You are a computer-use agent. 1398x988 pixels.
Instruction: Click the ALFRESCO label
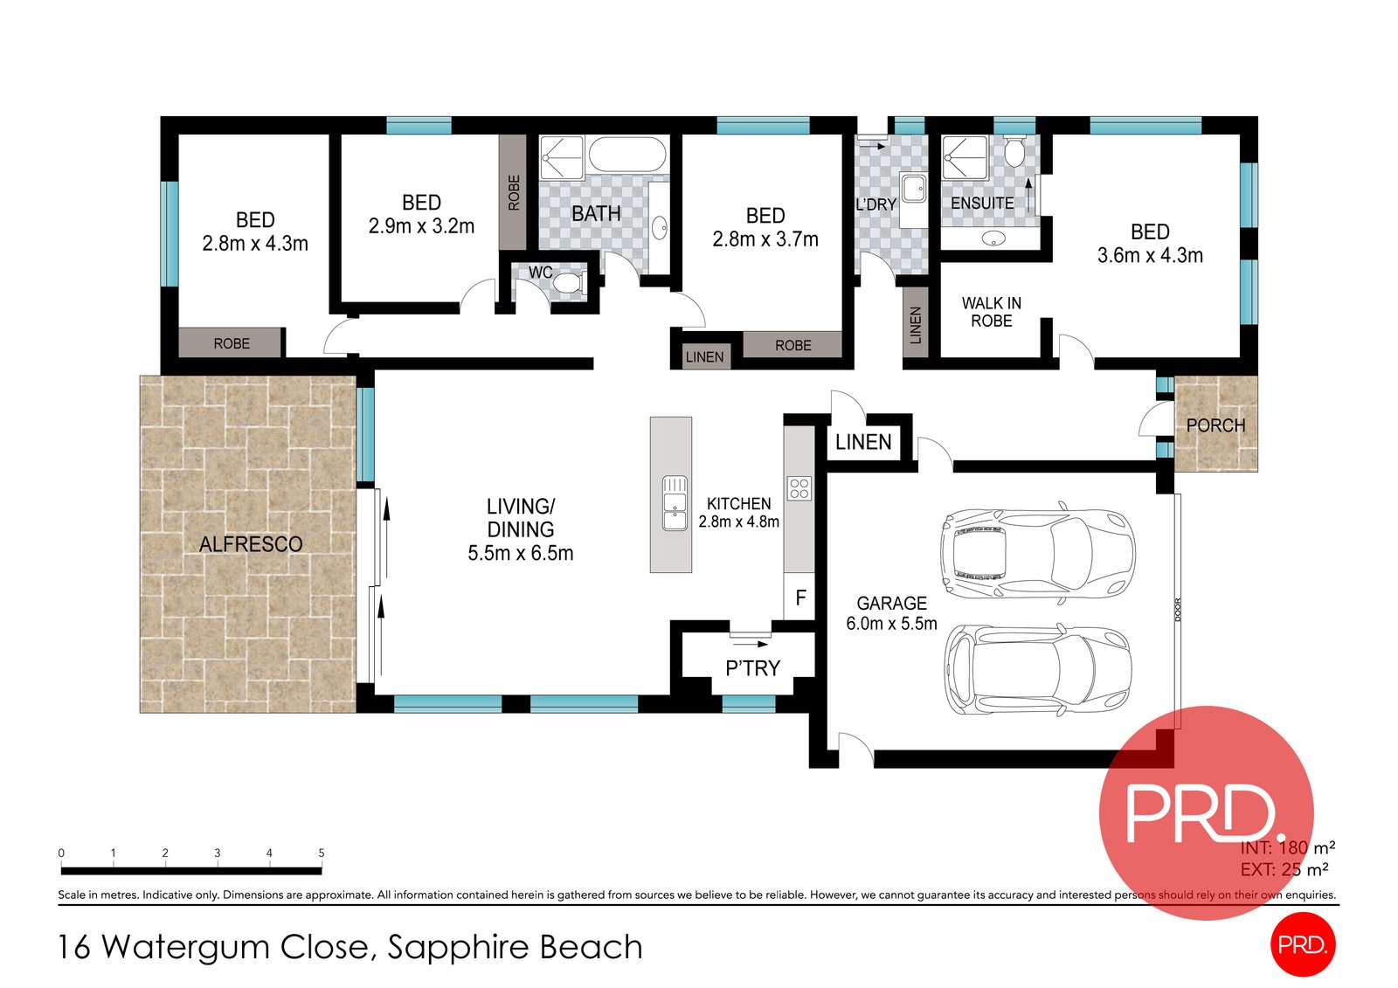(251, 544)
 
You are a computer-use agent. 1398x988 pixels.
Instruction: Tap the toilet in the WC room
(569, 283)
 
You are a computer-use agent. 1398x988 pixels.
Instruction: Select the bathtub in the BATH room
(626, 155)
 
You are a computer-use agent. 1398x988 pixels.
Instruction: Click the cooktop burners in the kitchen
(799, 488)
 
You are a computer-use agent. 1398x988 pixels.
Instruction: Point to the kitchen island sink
(674, 503)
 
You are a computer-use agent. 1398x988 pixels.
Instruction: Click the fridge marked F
(799, 598)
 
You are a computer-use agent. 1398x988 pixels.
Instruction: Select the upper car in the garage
(1037, 553)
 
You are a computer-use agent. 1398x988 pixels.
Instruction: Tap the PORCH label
(1215, 425)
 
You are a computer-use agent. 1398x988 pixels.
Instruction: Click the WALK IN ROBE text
(991, 312)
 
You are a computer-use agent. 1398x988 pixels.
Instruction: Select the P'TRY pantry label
(752, 668)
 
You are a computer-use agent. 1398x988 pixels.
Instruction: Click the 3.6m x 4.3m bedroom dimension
(1150, 256)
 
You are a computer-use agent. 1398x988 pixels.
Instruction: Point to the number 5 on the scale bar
(322, 853)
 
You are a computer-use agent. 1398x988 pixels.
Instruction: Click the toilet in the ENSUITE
(1014, 154)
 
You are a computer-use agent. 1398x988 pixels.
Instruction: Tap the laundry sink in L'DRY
(914, 188)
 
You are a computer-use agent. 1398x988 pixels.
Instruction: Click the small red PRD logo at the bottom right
(1302, 944)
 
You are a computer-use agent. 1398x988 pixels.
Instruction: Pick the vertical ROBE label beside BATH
(514, 192)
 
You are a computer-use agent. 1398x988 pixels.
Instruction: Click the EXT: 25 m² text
(1284, 869)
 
